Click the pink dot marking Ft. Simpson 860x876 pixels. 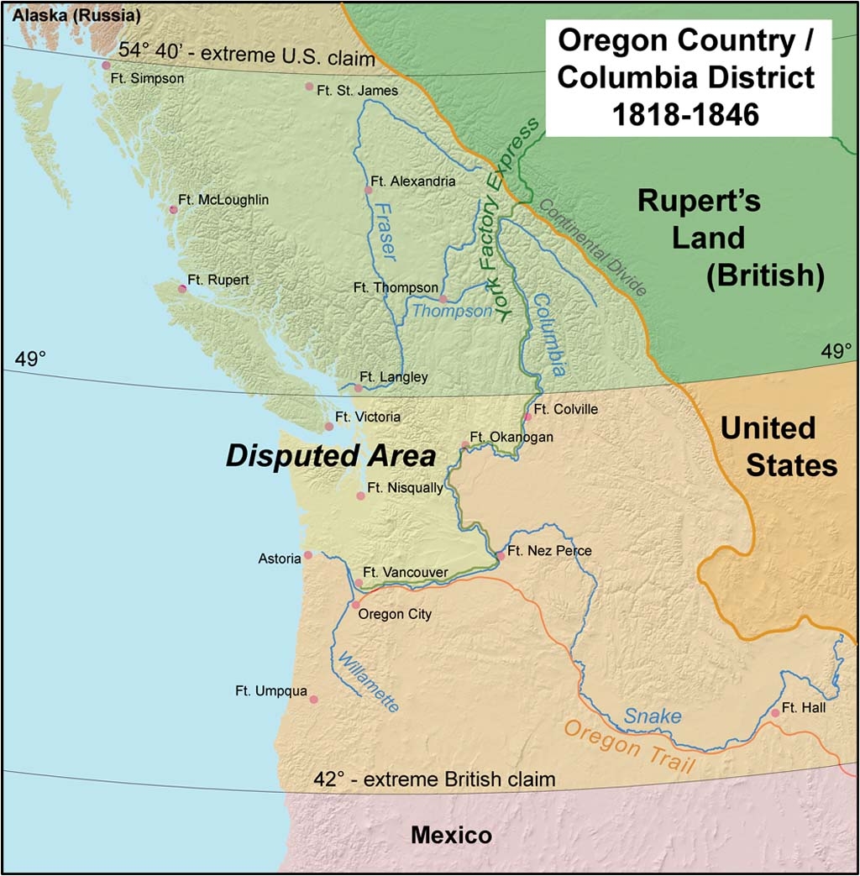[x=106, y=65]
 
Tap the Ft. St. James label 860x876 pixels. [x=357, y=90]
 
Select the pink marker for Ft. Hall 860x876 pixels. [x=775, y=713]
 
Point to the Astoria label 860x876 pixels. [x=280, y=559]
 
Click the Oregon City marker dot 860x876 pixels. [x=355, y=604]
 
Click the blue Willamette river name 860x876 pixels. [x=366, y=681]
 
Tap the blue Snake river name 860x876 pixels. [x=652, y=716]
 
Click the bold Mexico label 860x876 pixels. [x=451, y=836]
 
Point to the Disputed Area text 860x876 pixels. [x=330, y=456]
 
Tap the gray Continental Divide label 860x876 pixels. [x=593, y=248]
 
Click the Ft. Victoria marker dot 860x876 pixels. [x=329, y=427]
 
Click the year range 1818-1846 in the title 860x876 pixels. [x=686, y=113]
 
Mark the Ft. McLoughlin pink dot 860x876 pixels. [x=173, y=209]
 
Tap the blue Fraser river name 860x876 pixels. [x=385, y=231]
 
